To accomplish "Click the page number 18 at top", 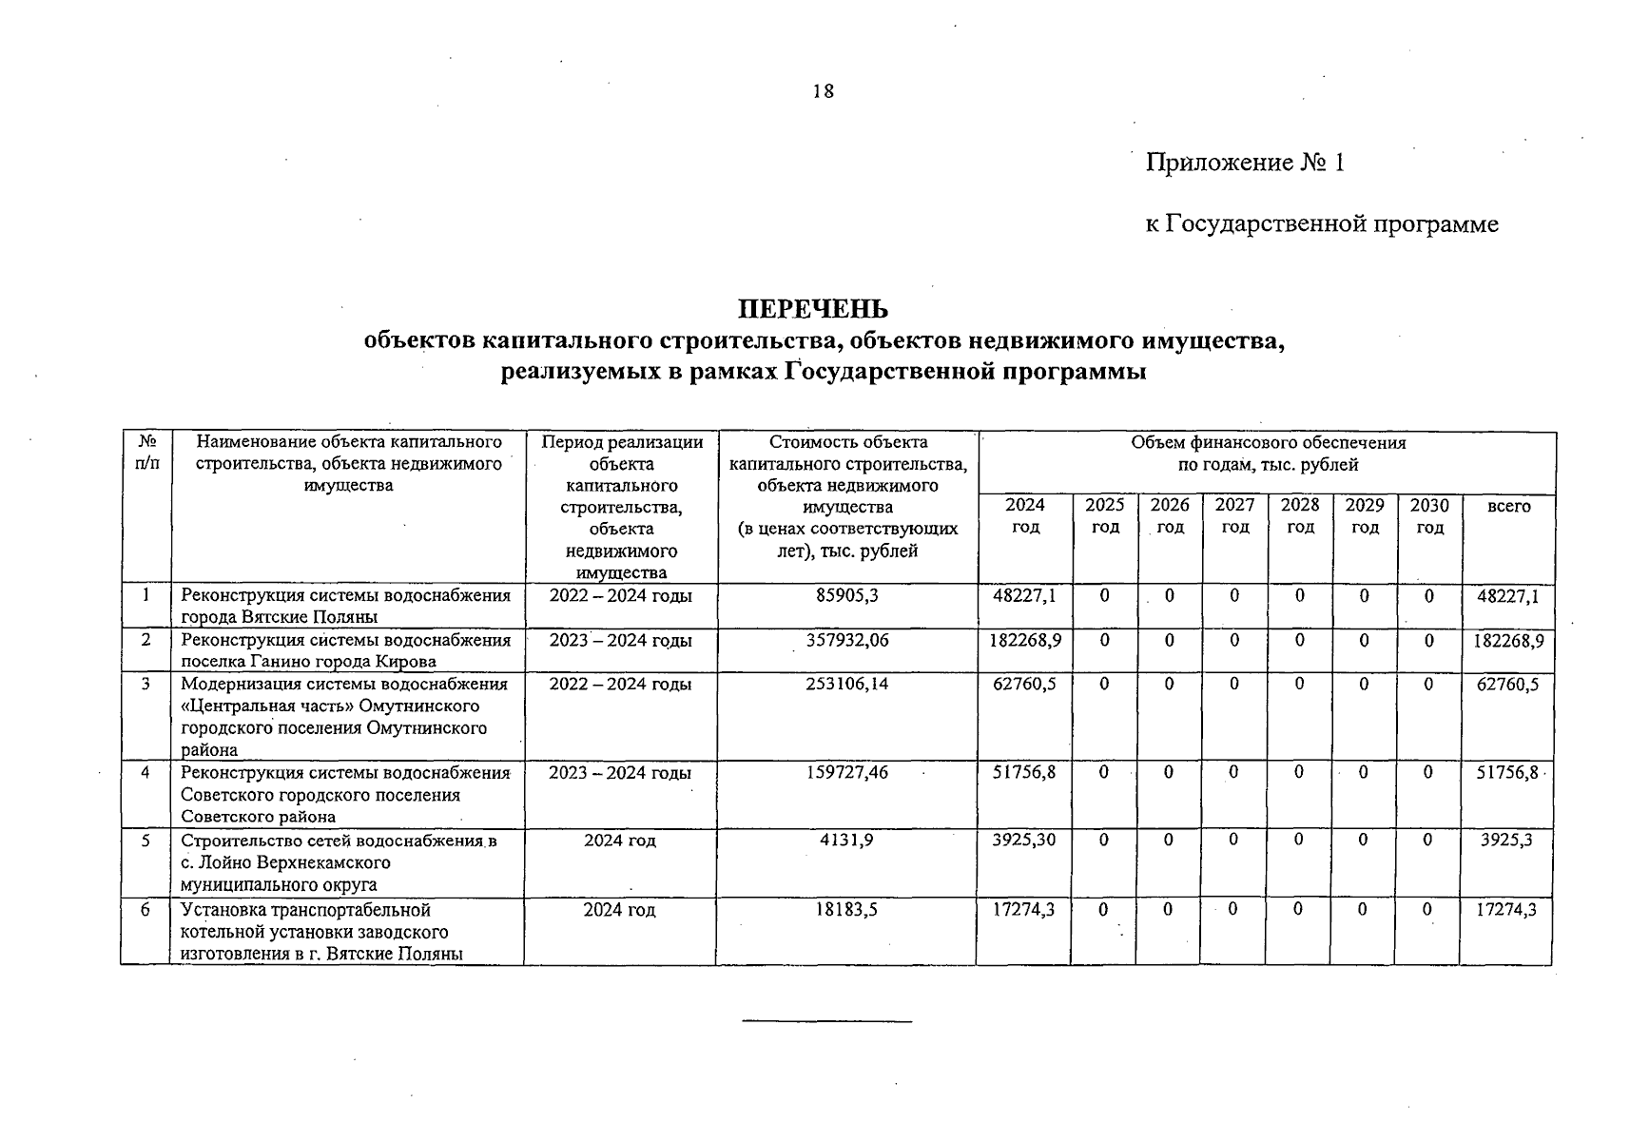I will click(x=824, y=91).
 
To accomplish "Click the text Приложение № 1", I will click(x=1245, y=163).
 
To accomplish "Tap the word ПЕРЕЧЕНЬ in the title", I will click(x=814, y=309).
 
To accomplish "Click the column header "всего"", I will click(x=1508, y=506).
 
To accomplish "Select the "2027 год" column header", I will click(x=1234, y=515).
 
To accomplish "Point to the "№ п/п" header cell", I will click(x=146, y=454).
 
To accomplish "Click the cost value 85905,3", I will click(x=847, y=596).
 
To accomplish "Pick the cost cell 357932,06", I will click(x=847, y=640).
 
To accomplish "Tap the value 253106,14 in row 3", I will click(x=847, y=684).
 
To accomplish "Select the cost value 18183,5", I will click(x=846, y=910).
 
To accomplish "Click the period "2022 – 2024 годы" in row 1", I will click(x=620, y=596).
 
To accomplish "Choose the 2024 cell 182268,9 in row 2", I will click(x=1025, y=640).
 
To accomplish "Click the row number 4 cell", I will click(x=146, y=773).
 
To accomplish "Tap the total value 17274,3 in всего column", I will click(x=1507, y=910).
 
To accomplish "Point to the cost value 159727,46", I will click(x=847, y=773).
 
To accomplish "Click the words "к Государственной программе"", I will click(x=1322, y=224).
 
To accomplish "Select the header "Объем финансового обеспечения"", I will click(x=1268, y=442).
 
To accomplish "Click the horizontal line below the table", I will click(x=826, y=1022).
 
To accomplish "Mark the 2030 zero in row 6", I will click(x=1427, y=910).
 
